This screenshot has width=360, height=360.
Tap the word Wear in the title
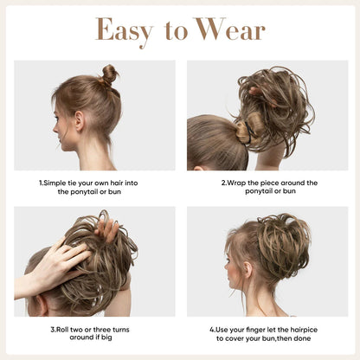click(228, 30)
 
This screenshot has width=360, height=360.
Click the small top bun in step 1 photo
click(109, 75)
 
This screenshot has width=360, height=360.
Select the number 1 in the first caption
click(41, 183)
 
